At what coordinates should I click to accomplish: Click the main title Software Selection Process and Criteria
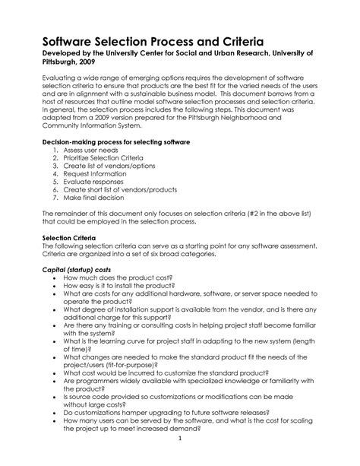[x=154, y=38]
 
